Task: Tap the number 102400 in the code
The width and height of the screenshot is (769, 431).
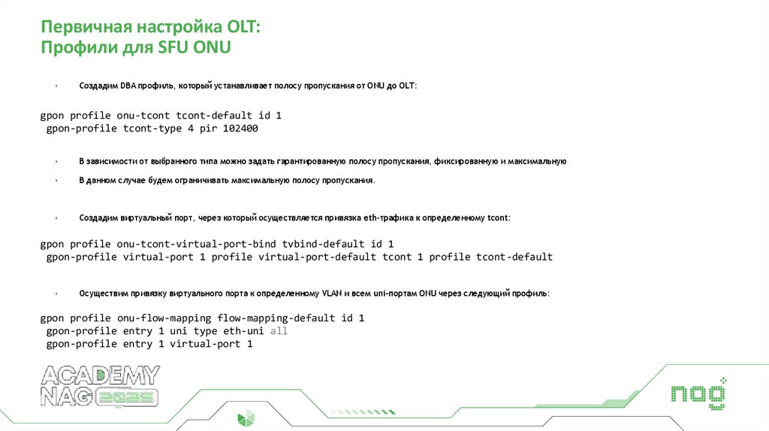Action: click(x=262, y=129)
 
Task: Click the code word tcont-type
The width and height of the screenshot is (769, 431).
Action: click(x=154, y=129)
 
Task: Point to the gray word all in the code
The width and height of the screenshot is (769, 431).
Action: click(x=279, y=331)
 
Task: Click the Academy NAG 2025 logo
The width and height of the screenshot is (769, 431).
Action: click(x=100, y=386)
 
